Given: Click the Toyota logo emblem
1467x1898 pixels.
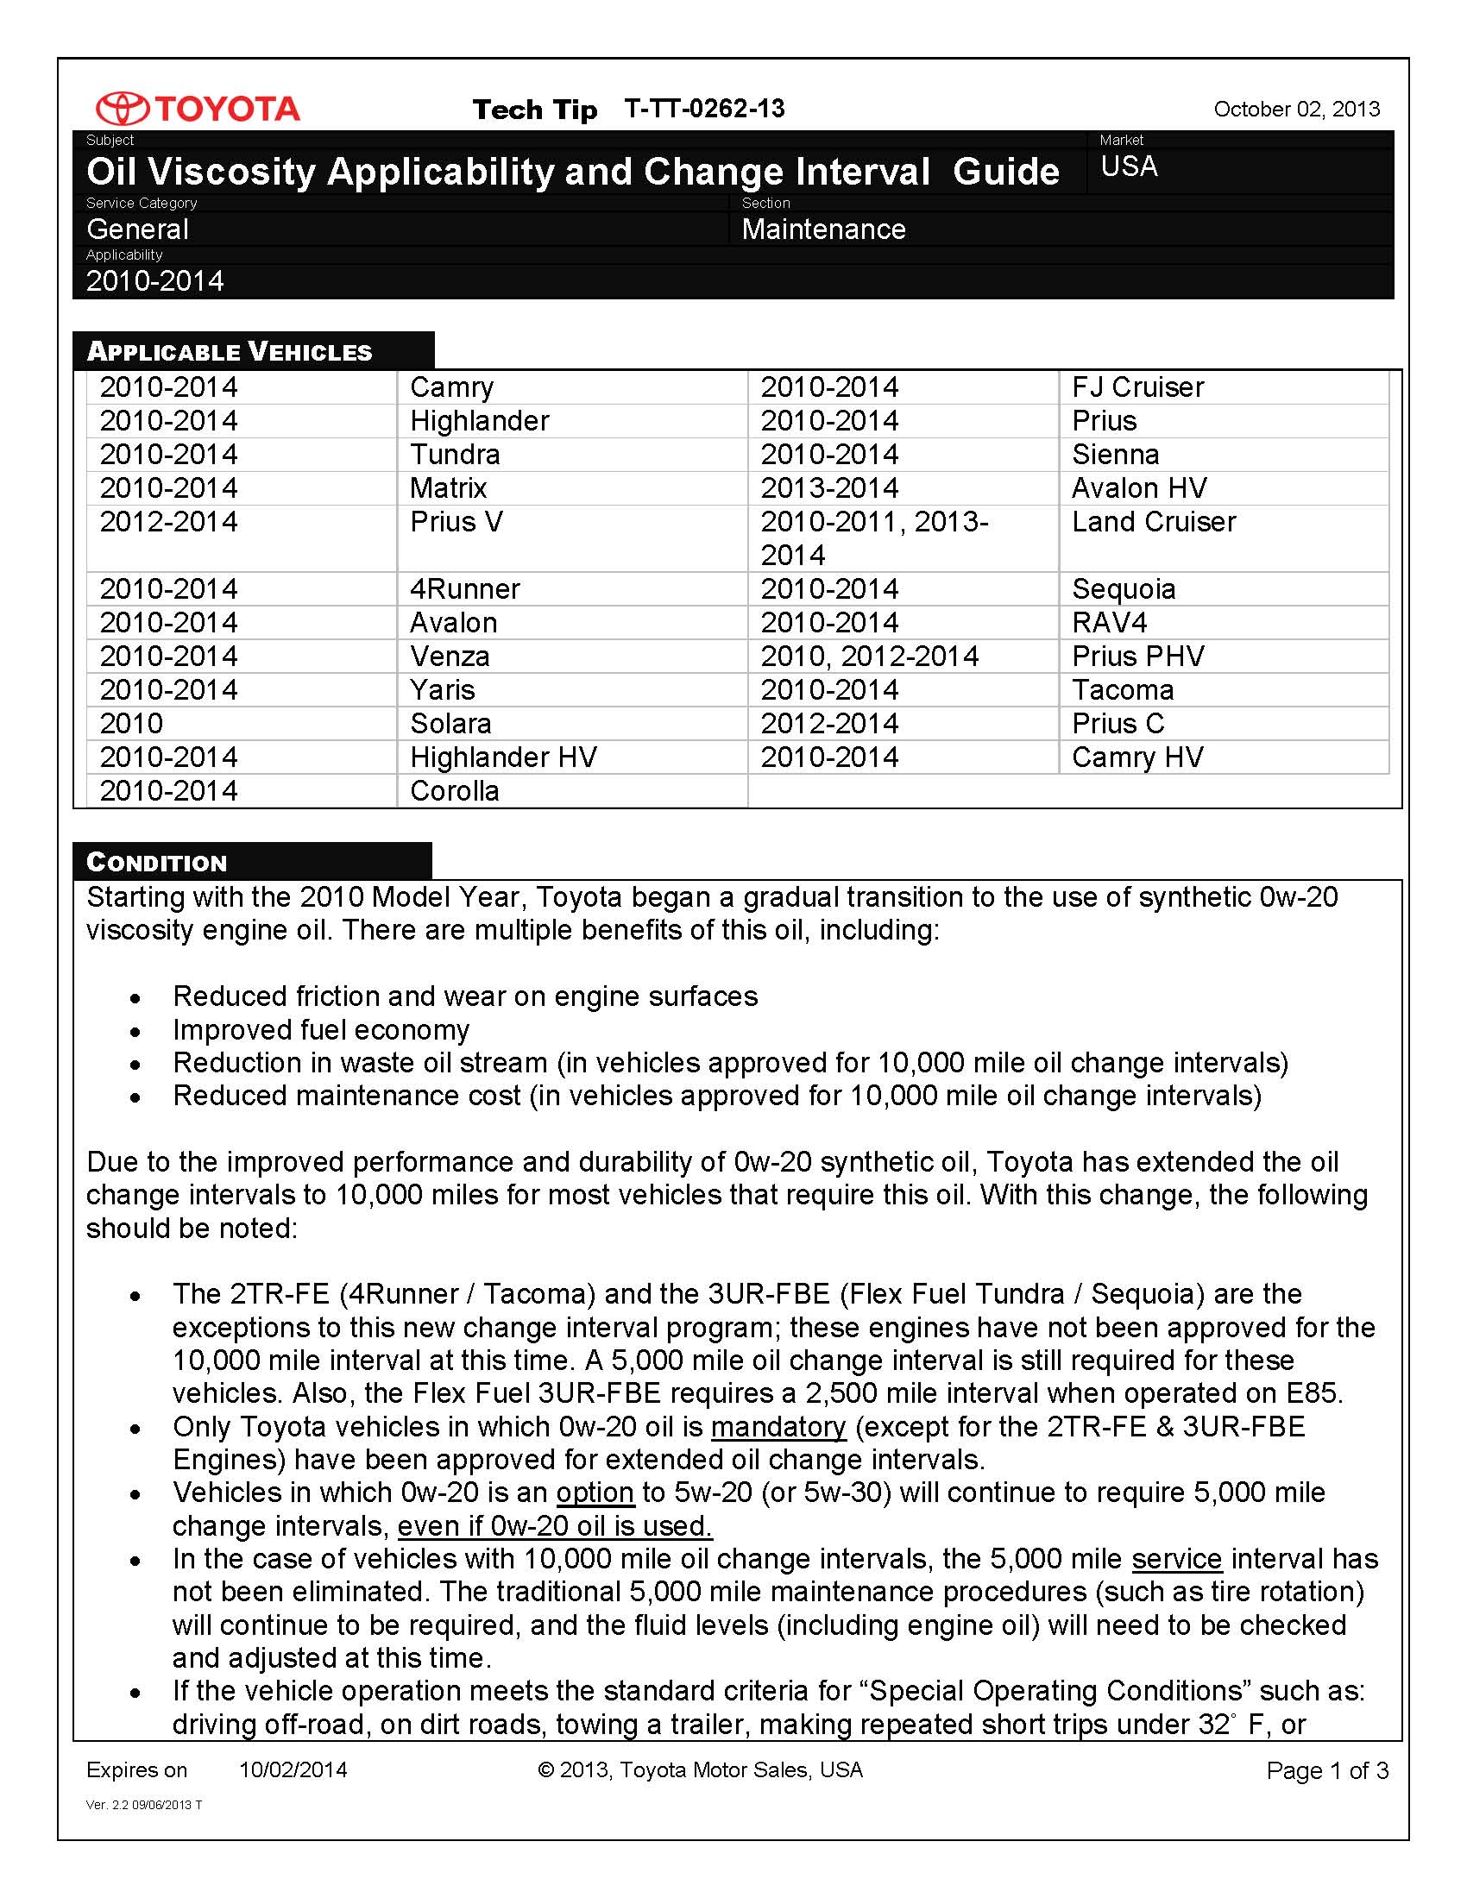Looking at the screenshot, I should tap(122, 109).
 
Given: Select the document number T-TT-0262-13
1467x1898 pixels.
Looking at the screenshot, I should tap(704, 109).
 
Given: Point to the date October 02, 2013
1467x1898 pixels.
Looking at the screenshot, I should tap(1296, 110).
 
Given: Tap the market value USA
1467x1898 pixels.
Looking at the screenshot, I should tap(1129, 166).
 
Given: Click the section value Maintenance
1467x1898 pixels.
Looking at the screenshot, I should tap(823, 229).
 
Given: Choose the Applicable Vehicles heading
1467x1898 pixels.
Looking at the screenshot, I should tap(230, 352).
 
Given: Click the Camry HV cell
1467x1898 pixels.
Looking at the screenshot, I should tap(1136, 757).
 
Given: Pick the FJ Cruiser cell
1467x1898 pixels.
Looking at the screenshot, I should tap(1137, 387).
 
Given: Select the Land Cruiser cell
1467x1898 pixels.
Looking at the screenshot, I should tap(1153, 522).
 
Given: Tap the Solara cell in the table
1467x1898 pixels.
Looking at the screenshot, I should tap(450, 724).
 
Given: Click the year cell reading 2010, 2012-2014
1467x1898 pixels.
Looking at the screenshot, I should tap(869, 657).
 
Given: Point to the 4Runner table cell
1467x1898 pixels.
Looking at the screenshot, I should tap(464, 589).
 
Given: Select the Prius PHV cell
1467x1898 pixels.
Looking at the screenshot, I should tap(1137, 657).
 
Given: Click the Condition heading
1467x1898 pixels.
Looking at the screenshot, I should tap(156, 862).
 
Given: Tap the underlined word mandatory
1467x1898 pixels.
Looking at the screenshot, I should tap(778, 1427).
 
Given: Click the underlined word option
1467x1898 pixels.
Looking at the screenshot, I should tap(595, 1493).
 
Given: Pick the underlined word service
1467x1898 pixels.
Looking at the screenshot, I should tap(1176, 1559).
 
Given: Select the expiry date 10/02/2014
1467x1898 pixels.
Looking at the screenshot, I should tap(293, 1770).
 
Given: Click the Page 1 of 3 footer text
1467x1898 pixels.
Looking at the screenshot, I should tap(1327, 1771).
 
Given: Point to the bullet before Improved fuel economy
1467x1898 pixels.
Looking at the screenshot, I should tap(135, 1033).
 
